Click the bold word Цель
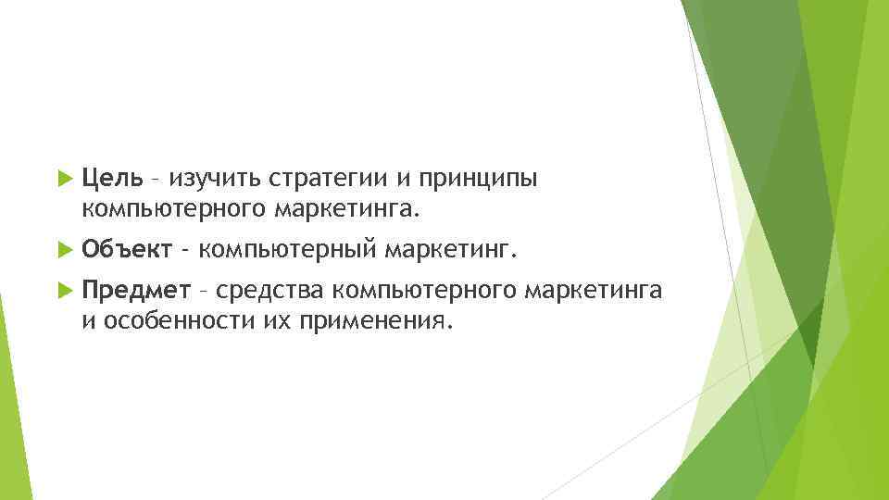tap(111, 177)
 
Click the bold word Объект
tap(126, 249)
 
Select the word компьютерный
tap(286, 250)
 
